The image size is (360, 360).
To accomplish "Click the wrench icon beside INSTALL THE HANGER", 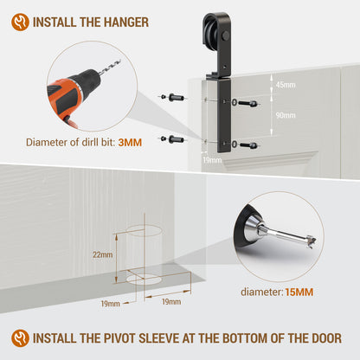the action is [x=20, y=22].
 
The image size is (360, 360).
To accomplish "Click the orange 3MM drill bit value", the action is [x=130, y=143].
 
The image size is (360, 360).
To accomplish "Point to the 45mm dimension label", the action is [x=286, y=85].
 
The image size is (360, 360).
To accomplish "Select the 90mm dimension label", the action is [x=286, y=115].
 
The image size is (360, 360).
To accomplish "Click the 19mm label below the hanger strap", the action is [x=212, y=160].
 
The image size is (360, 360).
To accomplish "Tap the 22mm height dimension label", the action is [x=103, y=254].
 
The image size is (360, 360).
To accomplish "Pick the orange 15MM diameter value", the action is [x=299, y=292].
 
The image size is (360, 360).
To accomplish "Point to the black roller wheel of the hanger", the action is [x=210, y=31].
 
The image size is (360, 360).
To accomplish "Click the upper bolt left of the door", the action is [x=173, y=97].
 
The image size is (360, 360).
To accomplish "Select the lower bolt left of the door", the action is [x=173, y=139].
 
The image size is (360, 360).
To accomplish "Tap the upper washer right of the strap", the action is [x=235, y=102].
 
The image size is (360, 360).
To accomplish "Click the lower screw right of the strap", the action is [x=248, y=145].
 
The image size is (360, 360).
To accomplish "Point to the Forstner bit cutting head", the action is [x=310, y=241].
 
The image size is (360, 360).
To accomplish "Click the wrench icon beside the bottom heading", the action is [x=20, y=338].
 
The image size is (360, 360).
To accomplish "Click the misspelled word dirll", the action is [x=81, y=142].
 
